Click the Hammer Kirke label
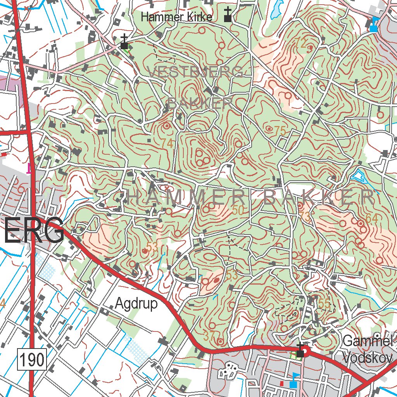(176, 17)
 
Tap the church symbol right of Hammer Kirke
(228, 15)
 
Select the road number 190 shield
(32, 360)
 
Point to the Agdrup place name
(136, 304)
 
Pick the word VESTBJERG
(196, 72)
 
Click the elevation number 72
(300, 44)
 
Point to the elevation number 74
(167, 143)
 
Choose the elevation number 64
(371, 218)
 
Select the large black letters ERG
(34, 231)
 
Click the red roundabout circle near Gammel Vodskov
(306, 352)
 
